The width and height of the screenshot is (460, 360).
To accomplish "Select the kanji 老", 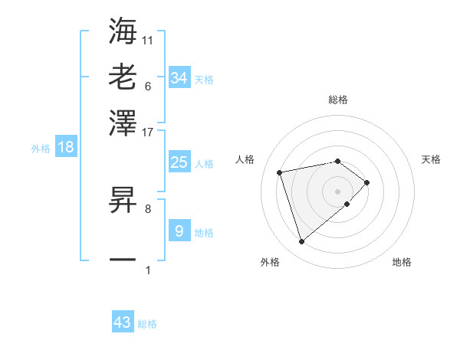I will tap(123, 77).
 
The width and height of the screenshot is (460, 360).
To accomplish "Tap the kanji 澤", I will tap(123, 121).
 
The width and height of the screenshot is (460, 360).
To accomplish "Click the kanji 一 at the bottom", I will tap(123, 260).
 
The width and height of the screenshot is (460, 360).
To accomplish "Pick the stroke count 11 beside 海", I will tap(148, 39).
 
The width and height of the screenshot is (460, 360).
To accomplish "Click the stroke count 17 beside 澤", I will tap(148, 131).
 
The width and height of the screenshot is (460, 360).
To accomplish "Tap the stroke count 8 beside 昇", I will tap(148, 208).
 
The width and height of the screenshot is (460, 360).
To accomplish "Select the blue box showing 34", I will tap(179, 77).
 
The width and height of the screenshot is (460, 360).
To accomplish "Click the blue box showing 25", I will tap(179, 162).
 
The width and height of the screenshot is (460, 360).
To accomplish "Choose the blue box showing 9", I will tap(179, 231).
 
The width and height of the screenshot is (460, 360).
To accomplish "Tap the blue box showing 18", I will tap(66, 147).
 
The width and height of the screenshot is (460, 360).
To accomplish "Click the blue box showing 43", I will tap(123, 322).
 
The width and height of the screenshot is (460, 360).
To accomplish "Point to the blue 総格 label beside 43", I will tap(147, 324).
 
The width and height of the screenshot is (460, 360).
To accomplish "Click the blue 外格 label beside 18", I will tap(41, 149).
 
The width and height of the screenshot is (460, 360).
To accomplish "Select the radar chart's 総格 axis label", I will tap(338, 100).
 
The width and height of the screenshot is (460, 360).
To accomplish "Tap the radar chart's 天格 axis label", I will tap(432, 159).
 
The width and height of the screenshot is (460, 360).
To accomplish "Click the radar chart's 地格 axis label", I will tap(402, 262).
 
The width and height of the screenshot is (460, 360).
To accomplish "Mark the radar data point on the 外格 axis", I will tap(301, 242).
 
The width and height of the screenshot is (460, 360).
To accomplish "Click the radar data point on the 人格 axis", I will tap(280, 172).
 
